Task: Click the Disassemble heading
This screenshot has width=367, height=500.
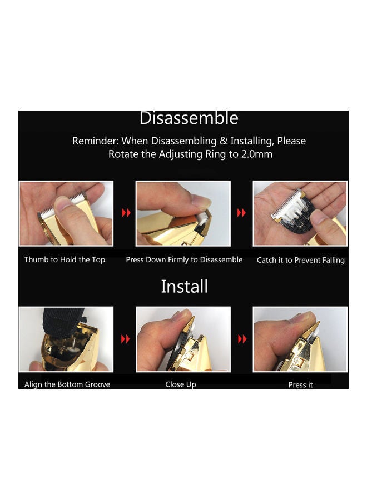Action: pos(189,118)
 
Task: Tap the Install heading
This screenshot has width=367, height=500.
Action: pos(184,286)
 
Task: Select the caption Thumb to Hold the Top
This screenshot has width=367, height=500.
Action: pos(65,260)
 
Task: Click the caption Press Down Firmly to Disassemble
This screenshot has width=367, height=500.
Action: pos(184,260)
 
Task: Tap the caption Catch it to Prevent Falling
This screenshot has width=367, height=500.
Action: pos(301,260)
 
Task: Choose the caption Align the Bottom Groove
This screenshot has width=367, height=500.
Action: pos(67,384)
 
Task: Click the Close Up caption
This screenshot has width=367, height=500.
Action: pos(181,384)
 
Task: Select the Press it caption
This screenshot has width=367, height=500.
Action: pos(301,385)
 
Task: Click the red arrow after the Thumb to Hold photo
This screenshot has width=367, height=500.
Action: pos(126,213)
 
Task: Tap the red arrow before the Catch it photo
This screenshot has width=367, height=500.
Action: pos(241,213)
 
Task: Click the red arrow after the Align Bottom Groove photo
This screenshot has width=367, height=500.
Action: pos(126,339)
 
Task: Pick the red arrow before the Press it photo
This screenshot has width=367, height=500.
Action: pos(242,339)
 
